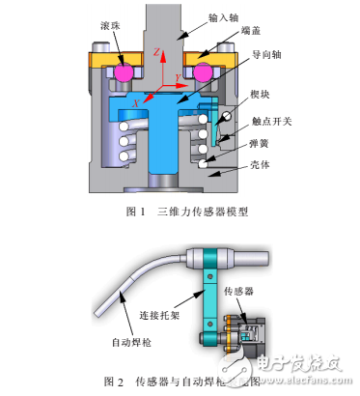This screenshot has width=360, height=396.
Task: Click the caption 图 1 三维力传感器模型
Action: [180, 212]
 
